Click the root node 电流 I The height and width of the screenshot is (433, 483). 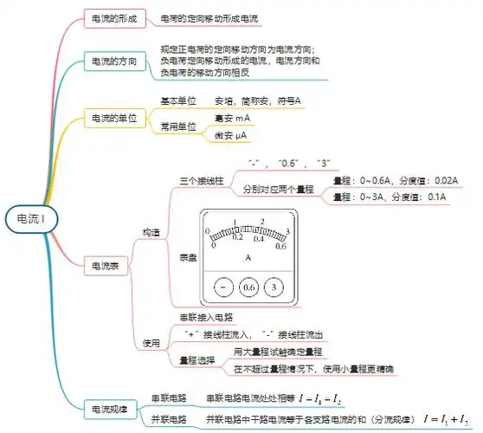(x=31, y=219)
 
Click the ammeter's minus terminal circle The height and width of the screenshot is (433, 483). (x=223, y=287)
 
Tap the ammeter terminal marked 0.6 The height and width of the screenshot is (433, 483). (x=249, y=287)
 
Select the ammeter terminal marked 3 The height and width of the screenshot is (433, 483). (x=274, y=287)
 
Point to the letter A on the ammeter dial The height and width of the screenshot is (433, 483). (x=248, y=257)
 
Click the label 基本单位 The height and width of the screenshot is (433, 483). (x=179, y=101)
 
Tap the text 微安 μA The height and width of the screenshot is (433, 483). (x=230, y=135)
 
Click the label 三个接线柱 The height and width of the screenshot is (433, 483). (x=200, y=181)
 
